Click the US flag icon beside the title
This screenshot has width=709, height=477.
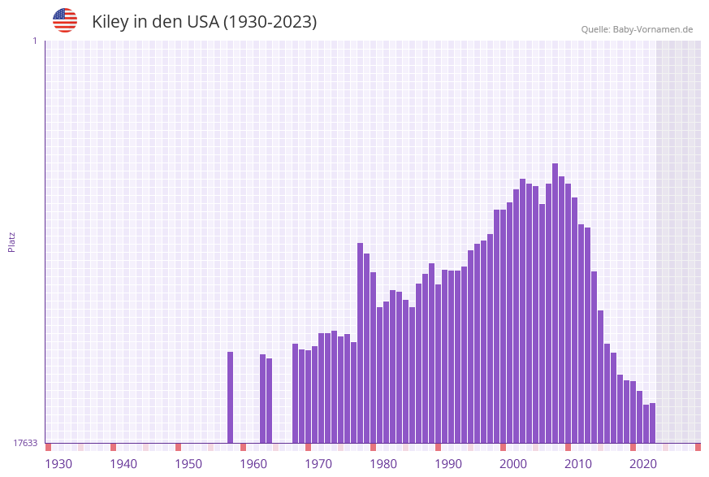coord(65,20)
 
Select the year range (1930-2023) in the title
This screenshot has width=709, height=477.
coord(270,22)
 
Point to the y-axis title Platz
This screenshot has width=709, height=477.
coord(11,241)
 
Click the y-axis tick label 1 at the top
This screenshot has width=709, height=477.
coord(34,41)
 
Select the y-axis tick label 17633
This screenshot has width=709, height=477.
coord(25,443)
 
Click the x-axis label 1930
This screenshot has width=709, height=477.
coord(58,464)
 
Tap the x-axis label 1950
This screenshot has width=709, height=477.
coord(188,464)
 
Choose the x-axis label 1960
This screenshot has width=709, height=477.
coord(253,464)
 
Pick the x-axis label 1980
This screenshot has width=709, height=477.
coord(383,464)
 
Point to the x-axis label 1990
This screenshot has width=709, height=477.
coord(448,464)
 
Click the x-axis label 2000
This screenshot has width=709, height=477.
coord(513,464)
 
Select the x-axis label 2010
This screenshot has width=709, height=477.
coord(578,464)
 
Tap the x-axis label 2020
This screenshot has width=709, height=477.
coord(643,464)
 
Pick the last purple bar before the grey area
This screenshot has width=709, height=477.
coord(652,423)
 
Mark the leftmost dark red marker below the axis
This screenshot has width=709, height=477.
coord(49,447)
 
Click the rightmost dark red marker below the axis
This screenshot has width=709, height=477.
coord(698,447)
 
